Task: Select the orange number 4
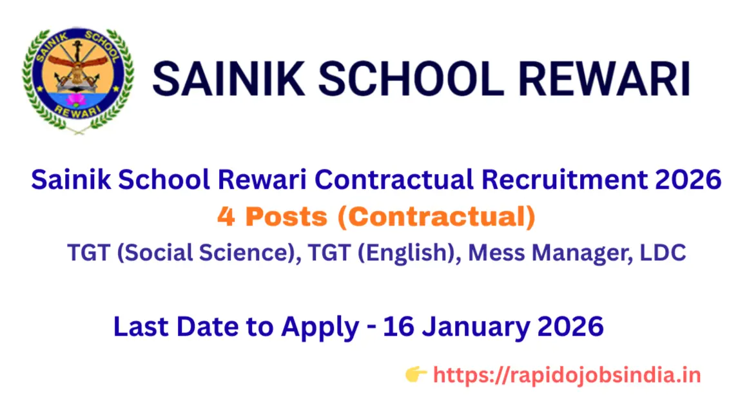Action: coord(226,218)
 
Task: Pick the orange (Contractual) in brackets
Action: coord(436,218)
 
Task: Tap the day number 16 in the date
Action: coord(398,327)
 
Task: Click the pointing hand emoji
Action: coord(416,374)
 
